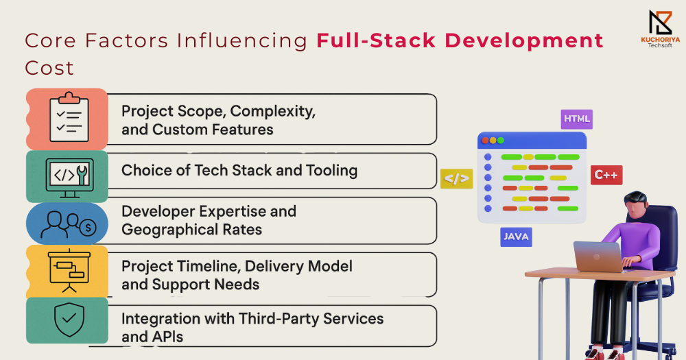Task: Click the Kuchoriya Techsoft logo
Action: click(x=660, y=29)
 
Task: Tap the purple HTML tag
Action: click(x=577, y=119)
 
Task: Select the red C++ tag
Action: click(x=606, y=175)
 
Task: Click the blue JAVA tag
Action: click(x=517, y=237)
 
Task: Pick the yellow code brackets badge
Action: click(x=457, y=178)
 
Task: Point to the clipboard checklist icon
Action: click(x=69, y=117)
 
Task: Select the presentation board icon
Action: click(x=69, y=272)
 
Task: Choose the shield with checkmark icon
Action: click(x=69, y=320)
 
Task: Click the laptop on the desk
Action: click(x=598, y=256)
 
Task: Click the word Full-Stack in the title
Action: click(x=376, y=40)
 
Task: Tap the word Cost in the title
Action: click(x=49, y=69)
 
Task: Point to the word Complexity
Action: click(x=273, y=111)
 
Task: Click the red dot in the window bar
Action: click(x=485, y=141)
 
